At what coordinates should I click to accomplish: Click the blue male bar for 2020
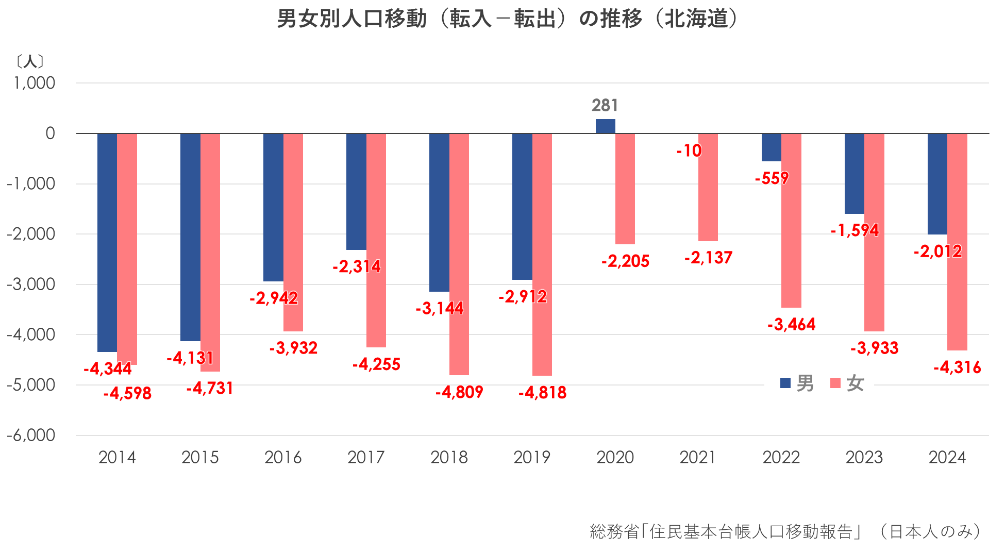click(x=605, y=126)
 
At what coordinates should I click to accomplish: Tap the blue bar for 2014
click(x=107, y=242)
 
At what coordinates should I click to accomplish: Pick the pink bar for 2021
click(x=708, y=187)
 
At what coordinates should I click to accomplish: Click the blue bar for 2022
click(x=771, y=147)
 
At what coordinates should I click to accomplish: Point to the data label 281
click(x=605, y=105)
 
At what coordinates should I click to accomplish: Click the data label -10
click(x=689, y=151)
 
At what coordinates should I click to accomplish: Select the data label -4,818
click(x=542, y=393)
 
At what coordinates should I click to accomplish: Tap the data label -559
click(x=772, y=178)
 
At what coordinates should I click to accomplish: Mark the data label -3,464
click(x=791, y=325)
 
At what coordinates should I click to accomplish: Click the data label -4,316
click(x=957, y=367)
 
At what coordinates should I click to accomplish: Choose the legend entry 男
click(x=798, y=383)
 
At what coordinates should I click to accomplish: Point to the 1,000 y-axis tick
click(x=35, y=83)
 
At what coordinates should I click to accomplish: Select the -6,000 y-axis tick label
click(x=31, y=435)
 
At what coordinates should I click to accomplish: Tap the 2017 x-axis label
click(x=366, y=457)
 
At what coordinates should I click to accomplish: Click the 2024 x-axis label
click(x=947, y=457)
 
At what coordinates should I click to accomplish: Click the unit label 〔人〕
click(x=30, y=62)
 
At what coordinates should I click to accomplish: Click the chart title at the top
click(x=508, y=19)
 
